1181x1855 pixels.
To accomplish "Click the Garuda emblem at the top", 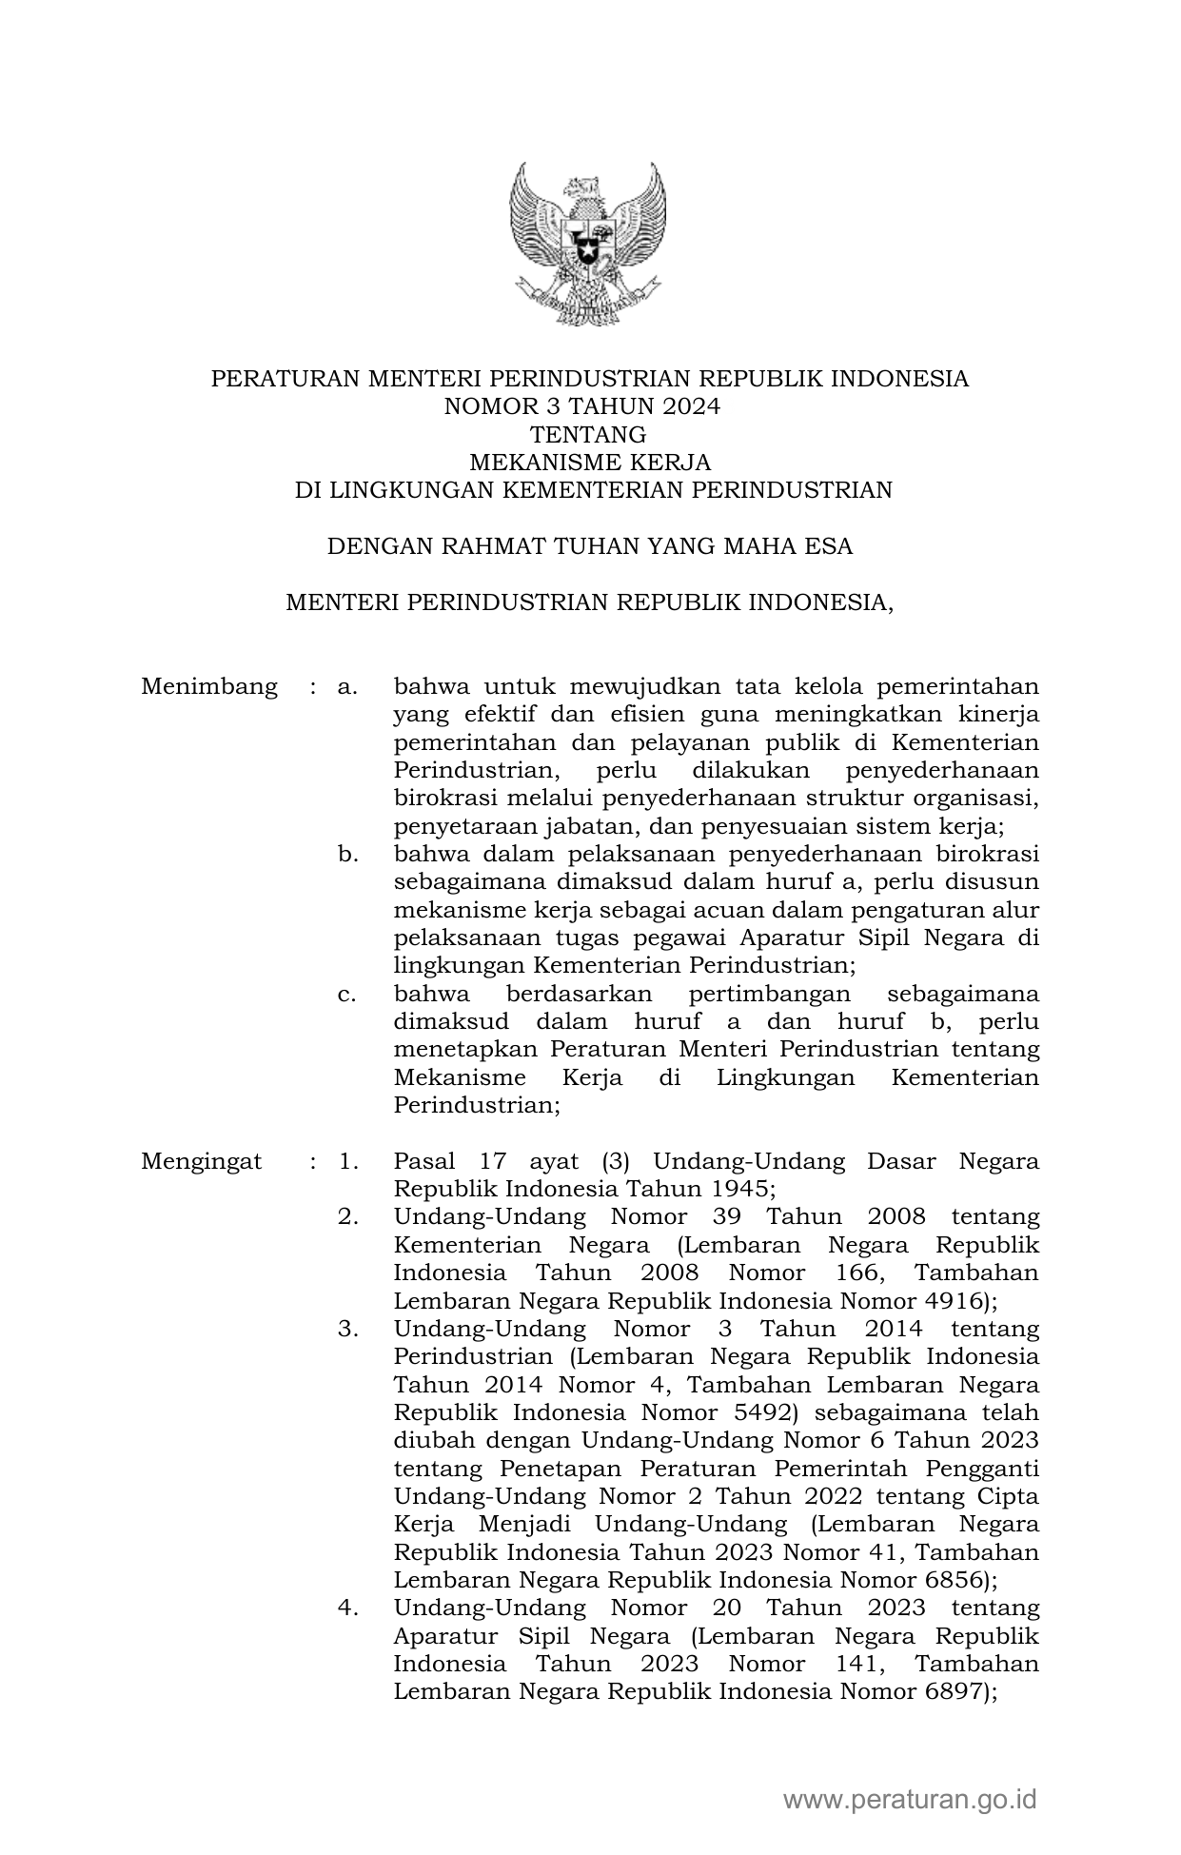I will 589,244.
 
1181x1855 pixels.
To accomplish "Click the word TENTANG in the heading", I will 589,435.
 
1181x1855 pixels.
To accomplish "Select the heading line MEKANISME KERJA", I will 590,463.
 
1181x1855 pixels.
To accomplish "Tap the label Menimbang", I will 209,686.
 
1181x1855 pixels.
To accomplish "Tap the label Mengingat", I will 202,1161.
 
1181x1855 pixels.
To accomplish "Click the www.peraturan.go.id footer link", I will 909,1799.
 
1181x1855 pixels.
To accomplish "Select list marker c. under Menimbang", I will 347,994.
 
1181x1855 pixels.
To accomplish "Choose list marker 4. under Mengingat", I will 347,1608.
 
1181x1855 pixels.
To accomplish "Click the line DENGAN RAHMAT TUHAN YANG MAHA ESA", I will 590,546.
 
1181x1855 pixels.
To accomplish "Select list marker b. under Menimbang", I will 347,854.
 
